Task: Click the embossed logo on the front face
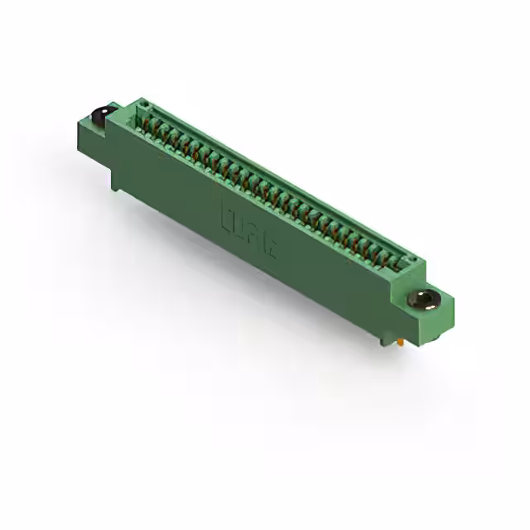pos(249,231)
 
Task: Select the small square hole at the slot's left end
pos(143,106)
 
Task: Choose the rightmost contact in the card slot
pos(396,263)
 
